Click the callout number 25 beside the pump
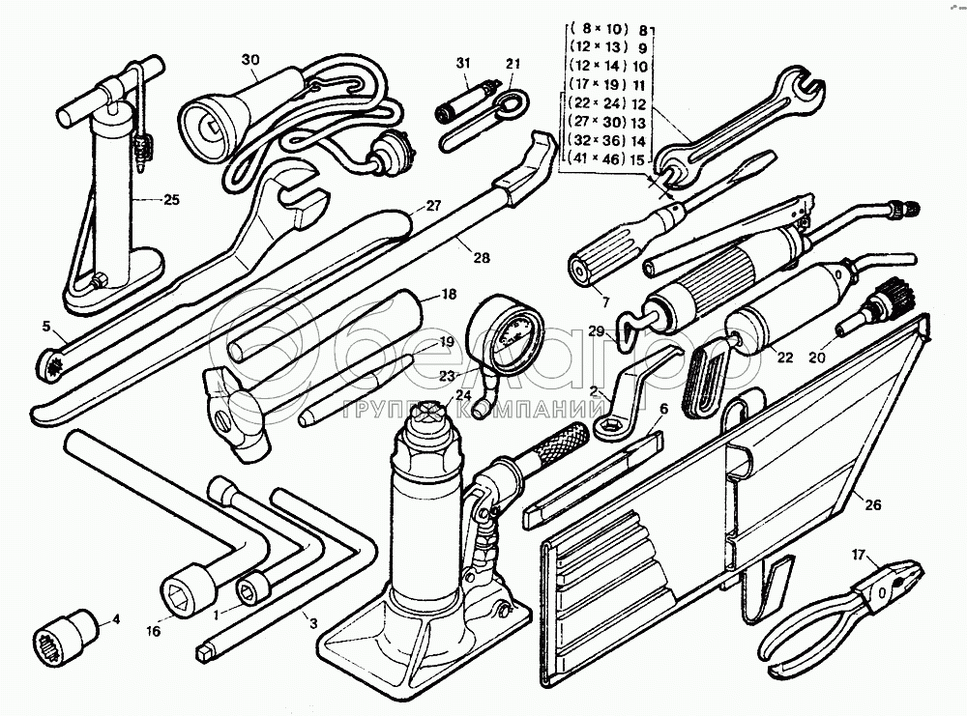tap(170, 201)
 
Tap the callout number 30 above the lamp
tap(251, 60)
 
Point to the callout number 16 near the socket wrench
tap(152, 631)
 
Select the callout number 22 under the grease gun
tap(784, 358)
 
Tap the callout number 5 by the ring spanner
tap(45, 326)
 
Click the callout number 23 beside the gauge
tap(446, 376)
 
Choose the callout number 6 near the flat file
tap(664, 409)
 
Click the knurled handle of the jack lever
tap(559, 446)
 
